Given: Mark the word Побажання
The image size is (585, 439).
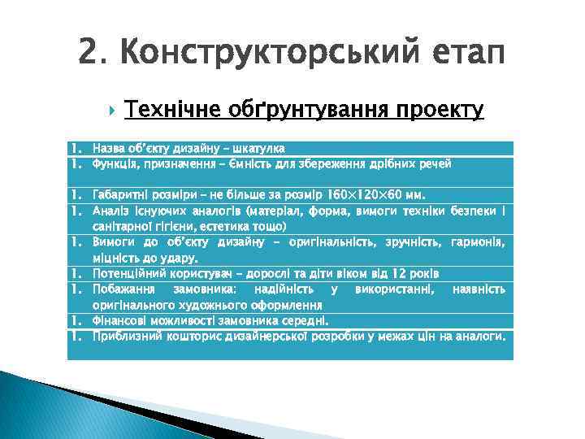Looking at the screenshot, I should [x=123, y=289].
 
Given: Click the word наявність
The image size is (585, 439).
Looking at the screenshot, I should [x=479, y=289].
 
